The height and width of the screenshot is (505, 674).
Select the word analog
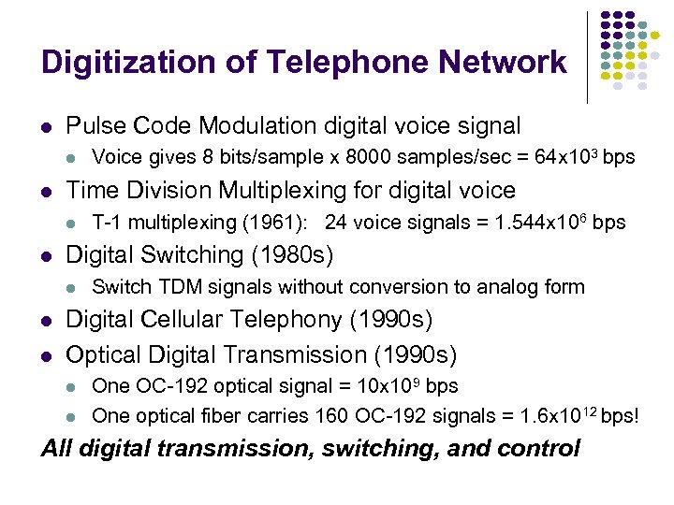(493, 287)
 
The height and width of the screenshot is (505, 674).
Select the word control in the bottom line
(537, 448)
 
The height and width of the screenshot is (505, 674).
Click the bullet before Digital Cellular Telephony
(47, 321)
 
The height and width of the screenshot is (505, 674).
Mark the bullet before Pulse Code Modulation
(47, 126)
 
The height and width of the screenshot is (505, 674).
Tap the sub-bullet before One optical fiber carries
(74, 416)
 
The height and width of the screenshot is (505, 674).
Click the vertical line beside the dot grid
(587, 56)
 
